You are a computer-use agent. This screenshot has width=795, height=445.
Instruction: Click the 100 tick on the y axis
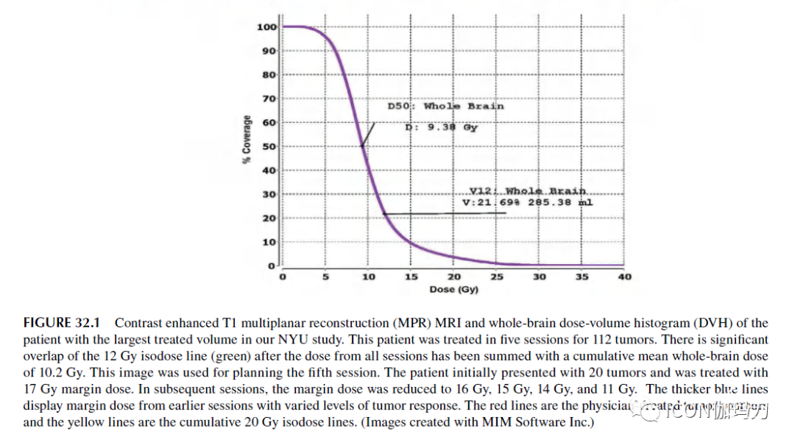click(x=266, y=27)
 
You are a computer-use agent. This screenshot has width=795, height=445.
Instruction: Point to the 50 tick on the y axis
click(x=269, y=146)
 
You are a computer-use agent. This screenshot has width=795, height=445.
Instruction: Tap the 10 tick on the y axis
click(x=269, y=242)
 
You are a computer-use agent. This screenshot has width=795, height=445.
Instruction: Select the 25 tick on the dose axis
click(x=497, y=277)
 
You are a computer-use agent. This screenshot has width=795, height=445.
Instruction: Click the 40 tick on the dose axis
click(x=624, y=277)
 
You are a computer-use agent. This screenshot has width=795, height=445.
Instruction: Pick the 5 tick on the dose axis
click(x=325, y=277)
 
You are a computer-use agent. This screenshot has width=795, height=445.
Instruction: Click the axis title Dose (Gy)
click(x=453, y=289)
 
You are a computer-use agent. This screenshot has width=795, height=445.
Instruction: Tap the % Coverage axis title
click(x=247, y=139)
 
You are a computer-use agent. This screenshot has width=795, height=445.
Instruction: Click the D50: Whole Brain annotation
click(x=445, y=106)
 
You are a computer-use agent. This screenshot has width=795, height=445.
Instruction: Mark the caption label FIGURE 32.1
click(x=66, y=323)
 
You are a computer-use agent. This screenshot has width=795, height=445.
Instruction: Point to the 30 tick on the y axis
click(x=269, y=194)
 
